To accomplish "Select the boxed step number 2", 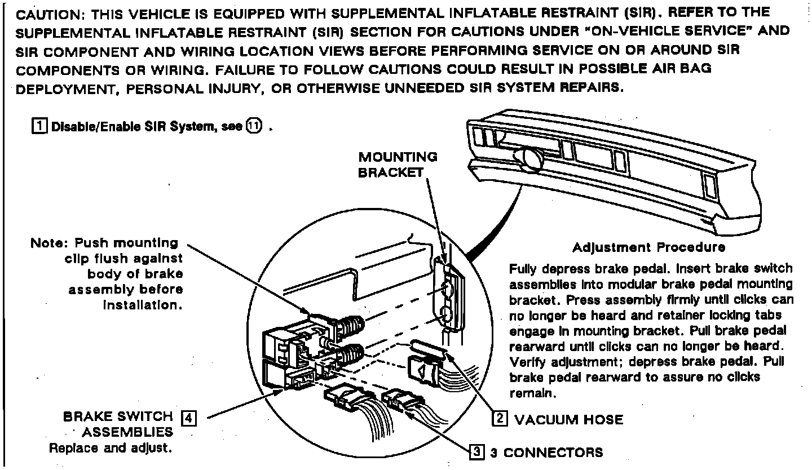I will click(x=500, y=419).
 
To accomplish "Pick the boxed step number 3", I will click(x=477, y=451).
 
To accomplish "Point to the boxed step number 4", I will click(x=189, y=418).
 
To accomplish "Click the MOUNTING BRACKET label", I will click(x=398, y=165).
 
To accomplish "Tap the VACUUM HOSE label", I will click(x=568, y=419).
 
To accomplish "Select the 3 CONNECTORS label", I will click(x=546, y=452).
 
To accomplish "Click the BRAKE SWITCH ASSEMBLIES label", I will click(x=117, y=424).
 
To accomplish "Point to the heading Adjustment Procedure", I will click(x=648, y=247).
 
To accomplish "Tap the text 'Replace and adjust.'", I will click(x=110, y=449).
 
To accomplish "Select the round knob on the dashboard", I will click(x=530, y=158).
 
